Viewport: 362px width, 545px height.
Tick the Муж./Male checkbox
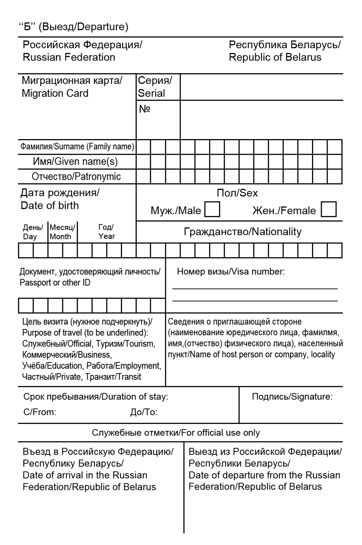(x=212, y=210)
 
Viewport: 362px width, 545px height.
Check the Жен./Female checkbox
(x=329, y=209)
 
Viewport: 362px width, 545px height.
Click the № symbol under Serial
(x=144, y=109)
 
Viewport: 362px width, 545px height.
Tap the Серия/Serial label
(x=155, y=87)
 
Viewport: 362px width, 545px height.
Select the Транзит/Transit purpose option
(x=113, y=377)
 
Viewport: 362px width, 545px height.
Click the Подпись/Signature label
(x=292, y=397)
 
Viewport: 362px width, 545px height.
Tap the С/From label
(x=39, y=412)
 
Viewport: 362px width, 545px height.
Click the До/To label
(x=144, y=412)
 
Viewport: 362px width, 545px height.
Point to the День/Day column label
(x=33, y=232)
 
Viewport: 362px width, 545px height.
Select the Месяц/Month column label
(x=62, y=232)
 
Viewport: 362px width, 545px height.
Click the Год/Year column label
(x=106, y=232)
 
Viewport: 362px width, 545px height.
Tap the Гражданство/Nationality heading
(x=243, y=232)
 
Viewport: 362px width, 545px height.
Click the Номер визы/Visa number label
(x=231, y=271)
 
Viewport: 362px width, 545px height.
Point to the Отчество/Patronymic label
(x=76, y=176)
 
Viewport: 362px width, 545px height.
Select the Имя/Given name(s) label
(x=75, y=161)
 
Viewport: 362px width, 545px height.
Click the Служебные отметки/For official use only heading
(x=176, y=433)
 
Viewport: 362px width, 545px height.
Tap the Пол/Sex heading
(x=237, y=193)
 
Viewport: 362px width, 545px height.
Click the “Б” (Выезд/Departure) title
(x=73, y=27)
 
